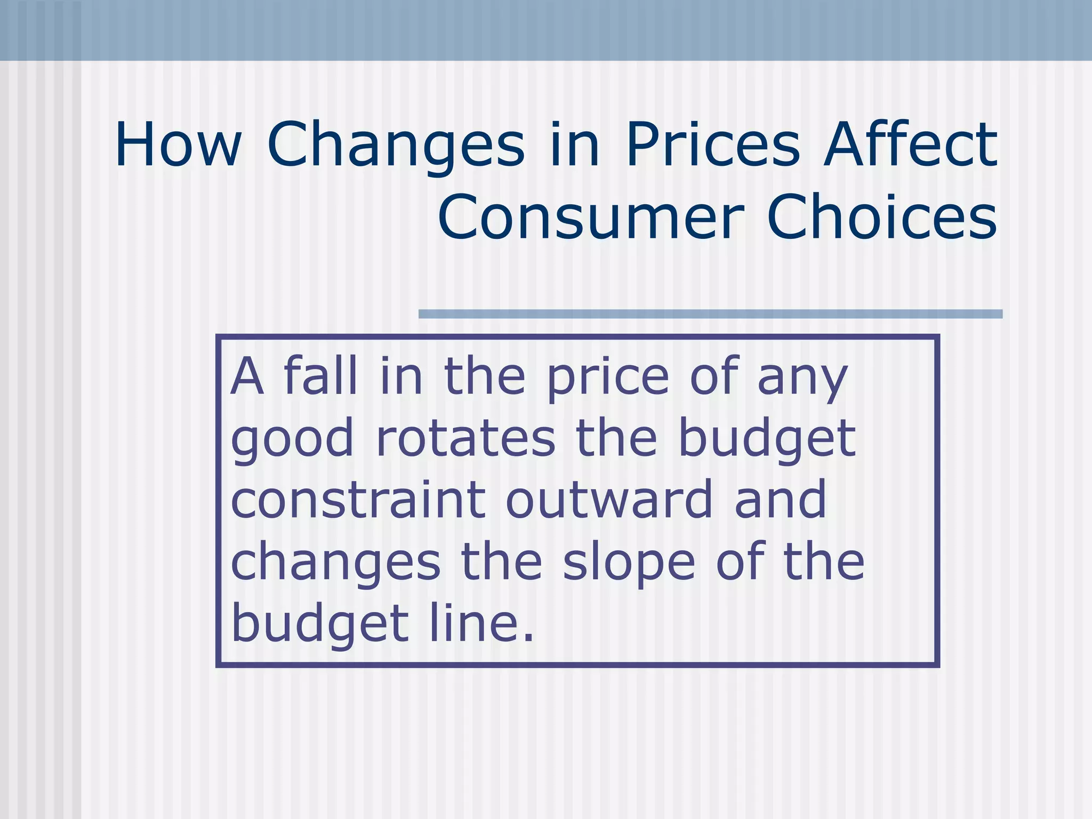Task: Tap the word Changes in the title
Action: (396, 145)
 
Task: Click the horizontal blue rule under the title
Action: (710, 314)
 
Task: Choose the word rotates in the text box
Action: (465, 438)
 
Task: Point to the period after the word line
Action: (528, 637)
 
